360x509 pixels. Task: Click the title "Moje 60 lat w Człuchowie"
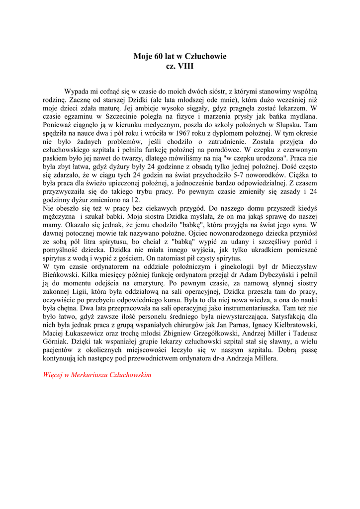click(180, 56)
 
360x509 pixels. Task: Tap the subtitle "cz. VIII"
click(180, 66)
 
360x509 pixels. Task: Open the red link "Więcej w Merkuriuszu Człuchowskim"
click(97, 375)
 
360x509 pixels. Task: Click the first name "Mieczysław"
click(293, 267)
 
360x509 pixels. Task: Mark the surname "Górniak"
click(59, 342)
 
